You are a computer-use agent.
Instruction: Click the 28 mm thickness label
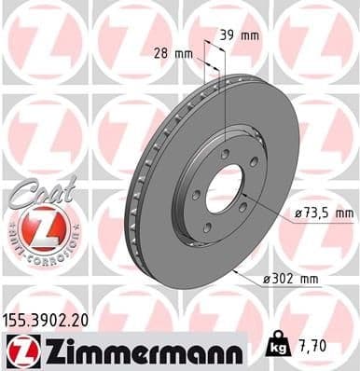175,53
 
